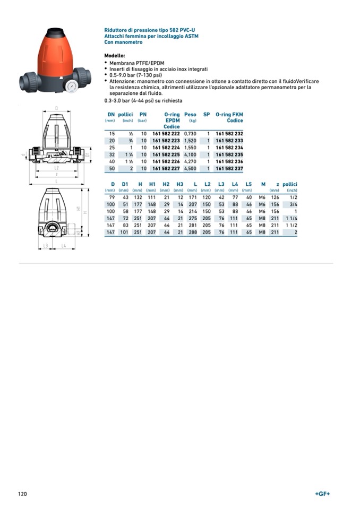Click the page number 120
tap(22, 494)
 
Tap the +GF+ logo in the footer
tap(322, 494)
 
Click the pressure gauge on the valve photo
tap(71, 85)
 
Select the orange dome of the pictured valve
tap(58, 50)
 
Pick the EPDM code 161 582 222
tap(166, 134)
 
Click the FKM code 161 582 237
tap(229, 168)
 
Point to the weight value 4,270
tap(190, 161)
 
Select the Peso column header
tap(190, 114)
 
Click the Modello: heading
tap(115, 55)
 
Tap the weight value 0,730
tap(190, 134)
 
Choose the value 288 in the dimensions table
tap(193, 232)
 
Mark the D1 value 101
tap(124, 232)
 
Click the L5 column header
tap(248, 184)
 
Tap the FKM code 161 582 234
tap(229, 148)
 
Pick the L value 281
tap(193, 225)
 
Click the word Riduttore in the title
tap(116, 30)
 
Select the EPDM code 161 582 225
tap(166, 154)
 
